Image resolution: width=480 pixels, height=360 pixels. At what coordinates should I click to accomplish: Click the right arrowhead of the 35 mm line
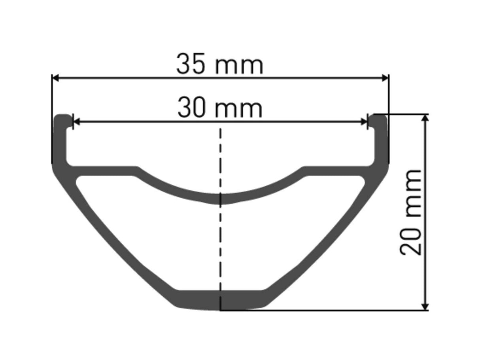[385, 78]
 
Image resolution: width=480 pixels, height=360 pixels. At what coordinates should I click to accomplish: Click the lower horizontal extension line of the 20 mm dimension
[324, 311]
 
